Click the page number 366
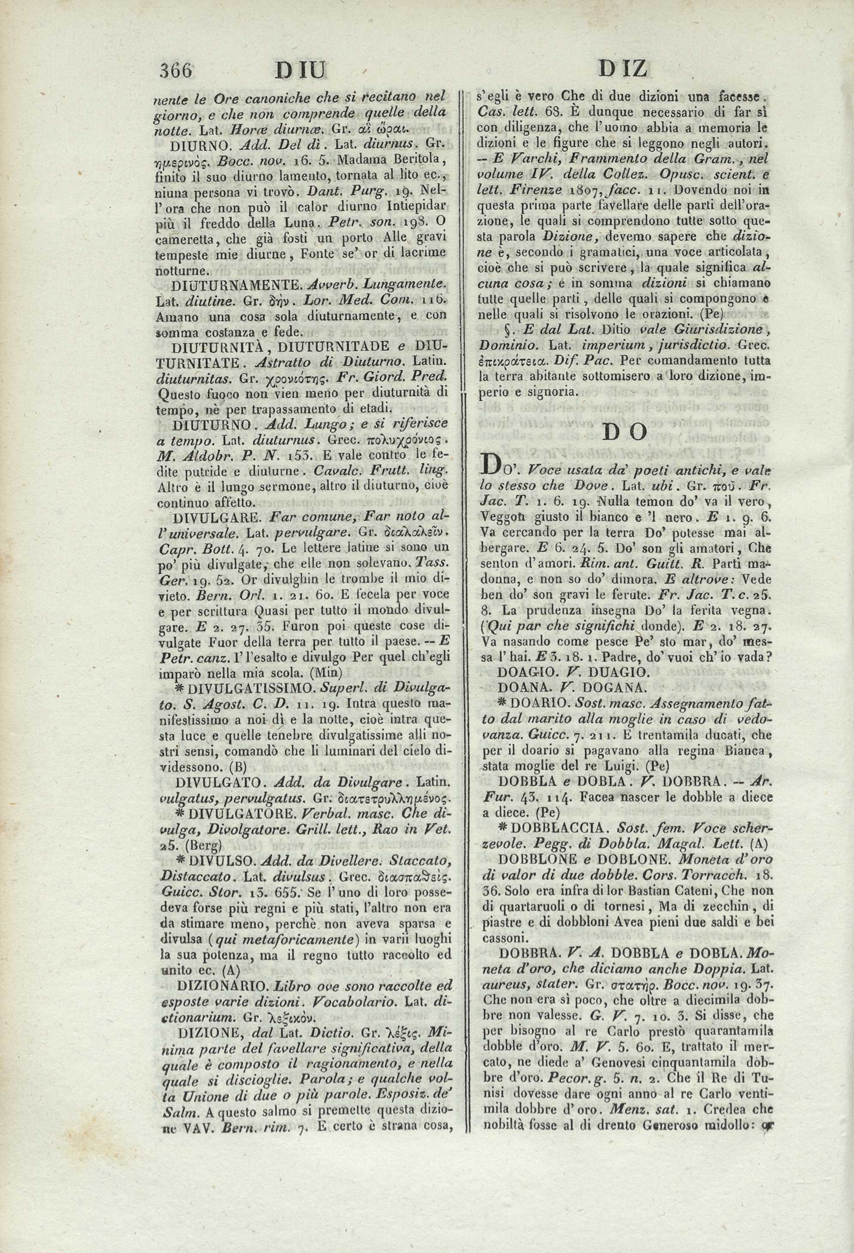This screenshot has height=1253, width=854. (x=176, y=70)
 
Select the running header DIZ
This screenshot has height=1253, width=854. (x=623, y=69)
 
